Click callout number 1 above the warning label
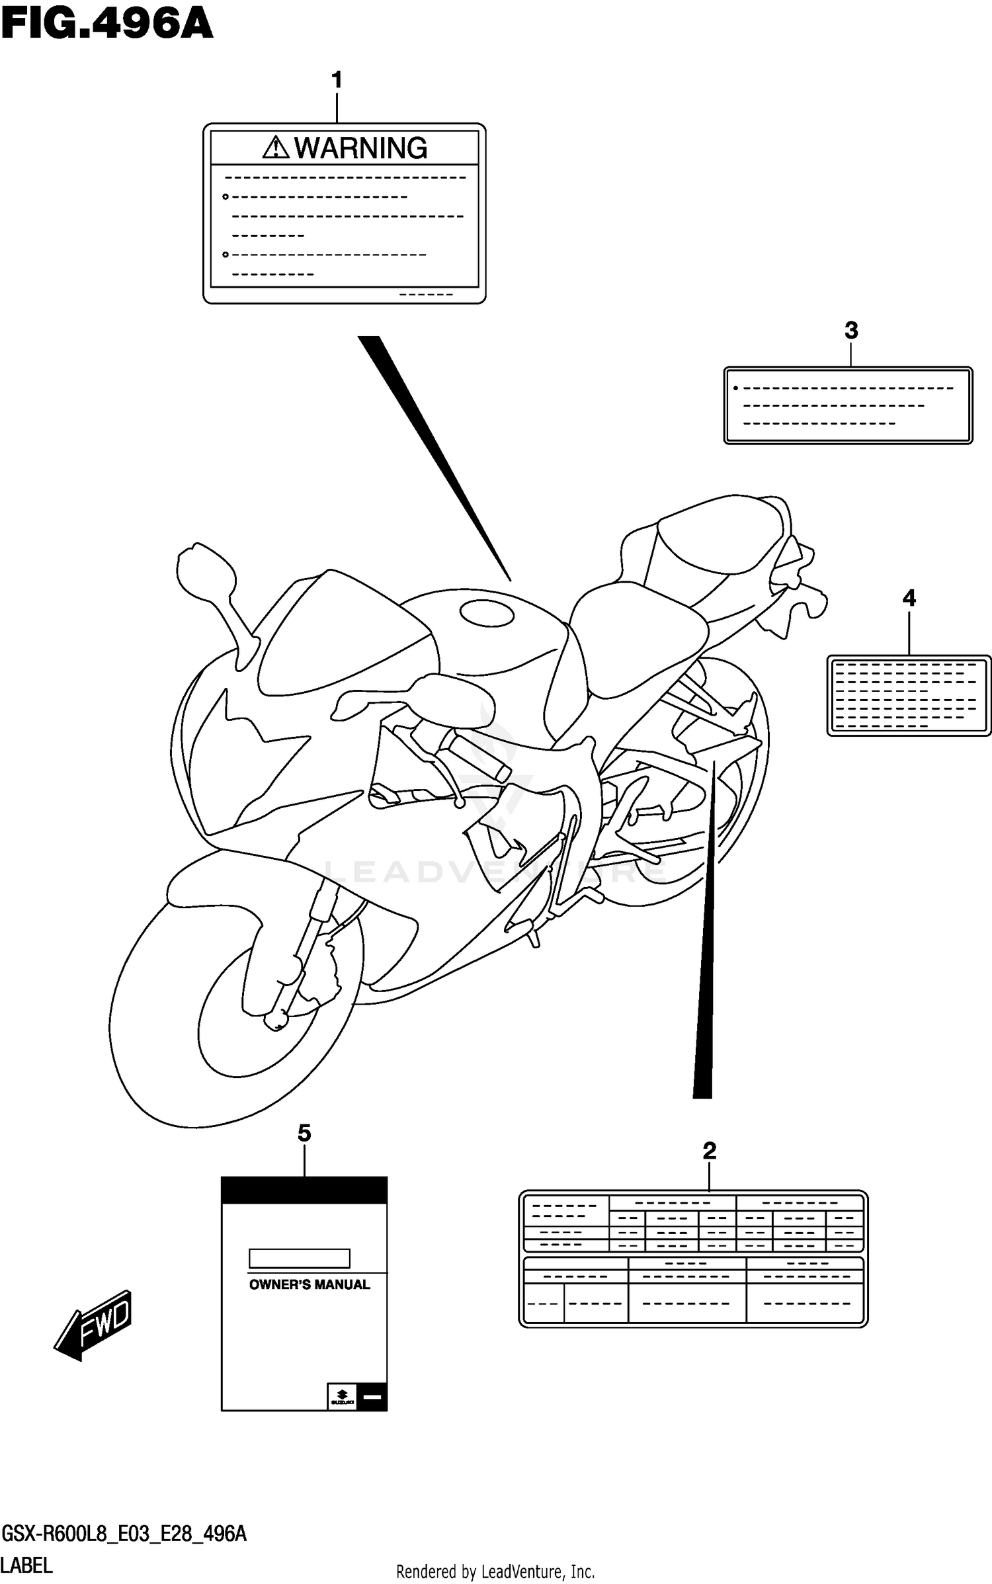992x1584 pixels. pyautogui.click(x=337, y=81)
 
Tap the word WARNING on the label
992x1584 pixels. pyautogui.click(x=360, y=148)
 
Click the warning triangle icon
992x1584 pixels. pyautogui.click(x=276, y=147)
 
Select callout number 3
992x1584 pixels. pyautogui.click(x=851, y=331)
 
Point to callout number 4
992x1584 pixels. pyautogui.click(x=909, y=599)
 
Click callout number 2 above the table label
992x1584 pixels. pyautogui.click(x=709, y=1151)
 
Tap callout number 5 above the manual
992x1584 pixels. pyautogui.click(x=304, y=1134)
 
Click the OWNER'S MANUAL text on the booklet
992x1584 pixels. pyautogui.click(x=309, y=1284)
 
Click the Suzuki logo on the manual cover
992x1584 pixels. pyautogui.click(x=342, y=1397)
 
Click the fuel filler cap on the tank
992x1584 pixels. pyautogui.click(x=487, y=613)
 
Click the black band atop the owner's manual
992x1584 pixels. pyautogui.click(x=304, y=1190)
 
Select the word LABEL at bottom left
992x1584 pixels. pyautogui.click(x=26, y=1565)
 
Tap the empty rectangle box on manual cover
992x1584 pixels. pyautogui.click(x=299, y=1258)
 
